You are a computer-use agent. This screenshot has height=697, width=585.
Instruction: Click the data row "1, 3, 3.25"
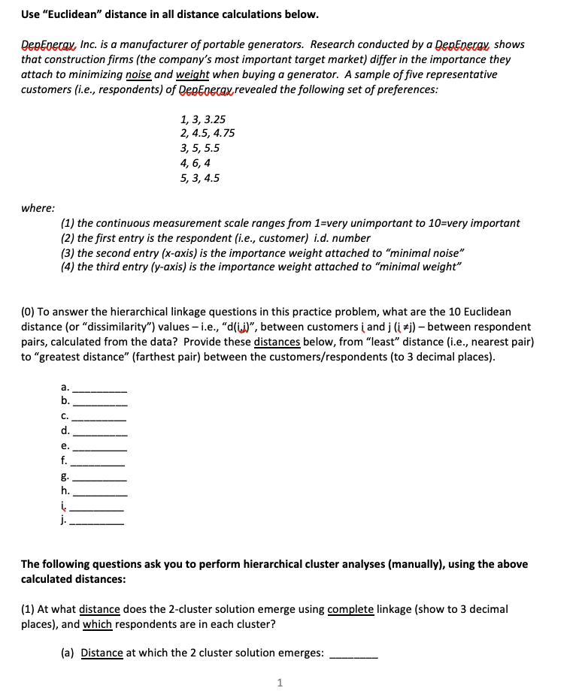(203, 119)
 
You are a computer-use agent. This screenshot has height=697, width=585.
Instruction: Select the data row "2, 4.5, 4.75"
(208, 134)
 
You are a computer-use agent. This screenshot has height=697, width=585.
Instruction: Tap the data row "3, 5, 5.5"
(200, 149)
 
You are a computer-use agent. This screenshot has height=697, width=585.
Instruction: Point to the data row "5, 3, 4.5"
(200, 178)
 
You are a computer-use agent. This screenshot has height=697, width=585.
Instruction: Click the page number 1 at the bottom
(280, 683)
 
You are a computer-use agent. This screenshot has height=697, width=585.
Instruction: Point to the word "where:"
(38, 208)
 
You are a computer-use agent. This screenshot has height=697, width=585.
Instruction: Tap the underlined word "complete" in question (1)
(351, 609)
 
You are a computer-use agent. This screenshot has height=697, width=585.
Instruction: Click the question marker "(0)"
(29, 312)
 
